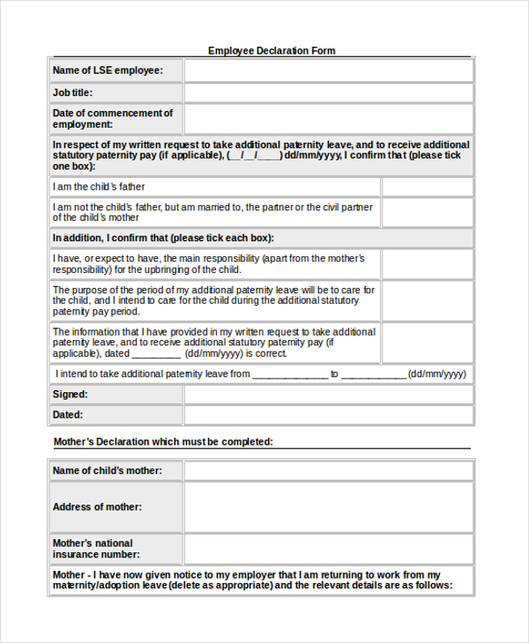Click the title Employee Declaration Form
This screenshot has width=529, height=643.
(272, 51)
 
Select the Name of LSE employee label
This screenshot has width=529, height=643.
(108, 70)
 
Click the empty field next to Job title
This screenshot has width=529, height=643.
(328, 92)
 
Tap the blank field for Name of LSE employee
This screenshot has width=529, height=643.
(328, 70)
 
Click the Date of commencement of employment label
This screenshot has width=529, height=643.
(113, 119)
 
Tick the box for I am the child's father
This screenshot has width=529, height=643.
(427, 187)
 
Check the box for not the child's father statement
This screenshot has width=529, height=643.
(427, 212)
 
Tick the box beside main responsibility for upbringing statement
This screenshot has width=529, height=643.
(427, 264)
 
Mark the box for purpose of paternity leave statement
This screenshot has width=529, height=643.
(427, 300)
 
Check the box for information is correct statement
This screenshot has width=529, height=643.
(427, 343)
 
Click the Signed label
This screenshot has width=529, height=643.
(71, 395)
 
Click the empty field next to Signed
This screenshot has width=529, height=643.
(328, 395)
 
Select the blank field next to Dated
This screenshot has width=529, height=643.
(328, 415)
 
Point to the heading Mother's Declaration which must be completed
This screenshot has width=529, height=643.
(163, 442)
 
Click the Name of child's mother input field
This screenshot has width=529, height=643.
(328, 471)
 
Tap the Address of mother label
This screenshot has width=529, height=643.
(97, 507)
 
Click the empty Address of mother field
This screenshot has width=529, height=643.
(328, 507)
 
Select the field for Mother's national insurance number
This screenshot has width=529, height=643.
(328, 549)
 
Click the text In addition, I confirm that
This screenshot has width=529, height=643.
(163, 238)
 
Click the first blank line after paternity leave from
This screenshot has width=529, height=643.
(290, 374)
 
